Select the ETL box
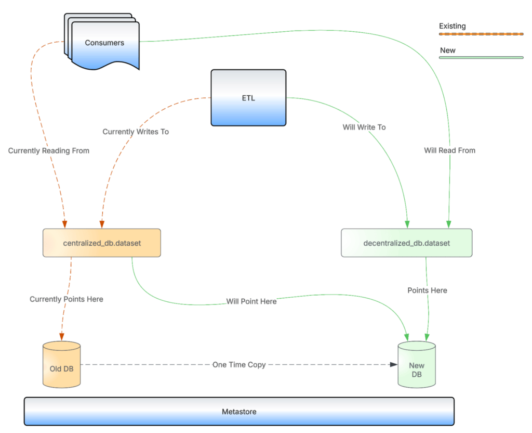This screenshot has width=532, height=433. [x=248, y=98]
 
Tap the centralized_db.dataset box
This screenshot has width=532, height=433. [x=102, y=243]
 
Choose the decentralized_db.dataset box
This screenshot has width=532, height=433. [x=407, y=243]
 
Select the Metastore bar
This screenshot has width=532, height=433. [x=239, y=412]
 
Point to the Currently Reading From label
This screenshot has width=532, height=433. [x=49, y=151]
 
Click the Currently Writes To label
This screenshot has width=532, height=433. [x=136, y=132]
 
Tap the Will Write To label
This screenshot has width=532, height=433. [x=364, y=127]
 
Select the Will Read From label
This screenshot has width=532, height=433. [x=449, y=150]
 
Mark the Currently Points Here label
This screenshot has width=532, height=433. [x=66, y=299]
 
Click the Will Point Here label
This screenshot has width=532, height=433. [x=251, y=301]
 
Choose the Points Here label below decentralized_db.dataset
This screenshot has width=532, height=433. [x=428, y=290]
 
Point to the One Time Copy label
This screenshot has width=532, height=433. [x=239, y=365]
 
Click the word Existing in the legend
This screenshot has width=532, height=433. [x=453, y=26]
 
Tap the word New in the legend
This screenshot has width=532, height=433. [x=447, y=50]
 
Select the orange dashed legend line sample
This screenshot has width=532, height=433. [x=481, y=33]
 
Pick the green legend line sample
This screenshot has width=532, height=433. [x=481, y=57]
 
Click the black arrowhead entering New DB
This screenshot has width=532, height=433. [x=394, y=364]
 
